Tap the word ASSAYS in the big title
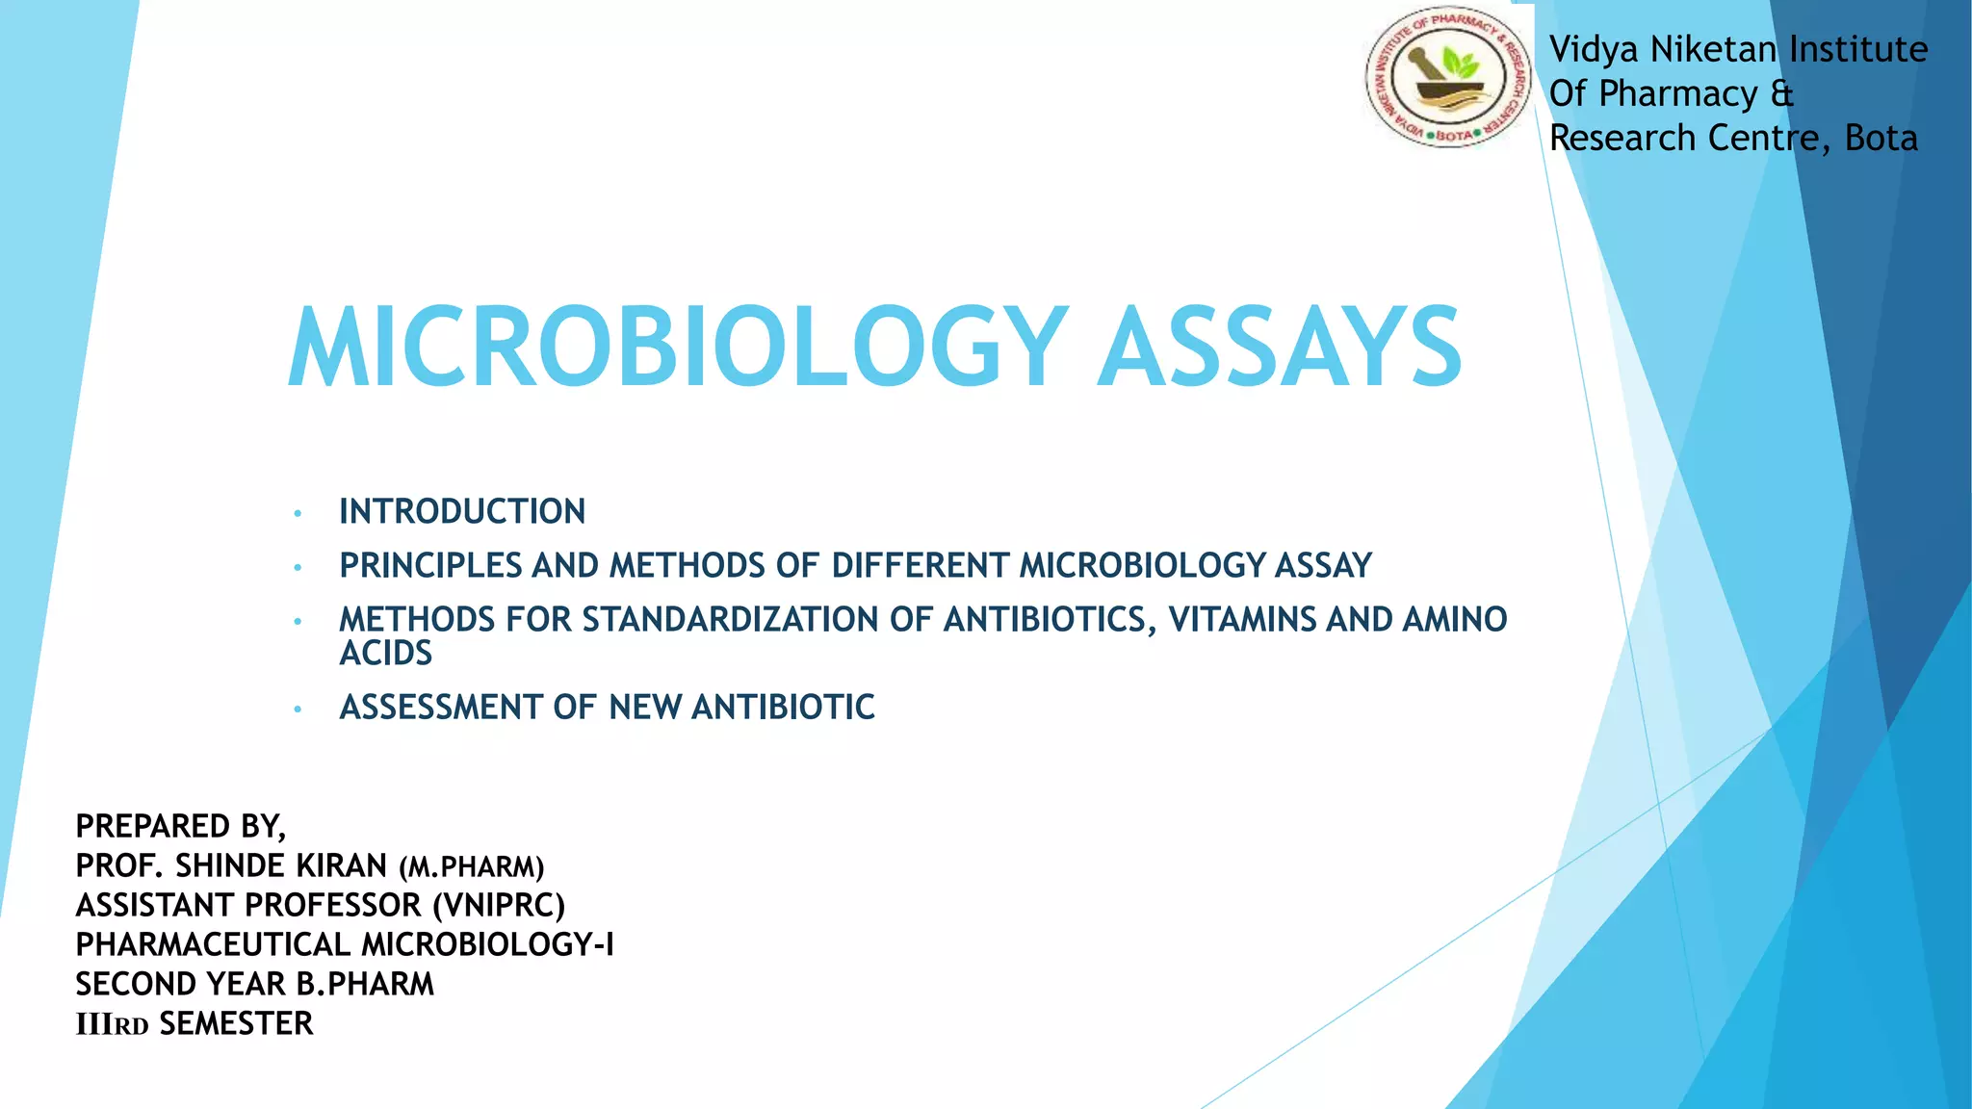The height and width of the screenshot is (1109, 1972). [1280, 348]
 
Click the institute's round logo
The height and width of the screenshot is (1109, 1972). [1447, 79]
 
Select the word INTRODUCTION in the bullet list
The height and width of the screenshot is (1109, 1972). [462, 511]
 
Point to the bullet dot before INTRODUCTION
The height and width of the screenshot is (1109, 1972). [298, 513]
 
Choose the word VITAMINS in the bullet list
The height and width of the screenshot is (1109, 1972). [1242, 619]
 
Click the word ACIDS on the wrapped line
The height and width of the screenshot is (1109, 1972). [385, 654]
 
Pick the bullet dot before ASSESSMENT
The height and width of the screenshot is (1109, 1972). [298, 709]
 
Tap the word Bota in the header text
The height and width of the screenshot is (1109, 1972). [1881, 139]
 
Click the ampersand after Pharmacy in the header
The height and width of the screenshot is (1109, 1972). [1781, 94]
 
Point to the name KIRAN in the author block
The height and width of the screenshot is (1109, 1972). [341, 866]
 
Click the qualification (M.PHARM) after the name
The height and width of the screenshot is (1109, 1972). [472, 867]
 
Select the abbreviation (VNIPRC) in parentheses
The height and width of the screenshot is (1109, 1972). [499, 906]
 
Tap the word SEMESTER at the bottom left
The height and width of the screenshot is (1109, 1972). [236, 1023]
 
